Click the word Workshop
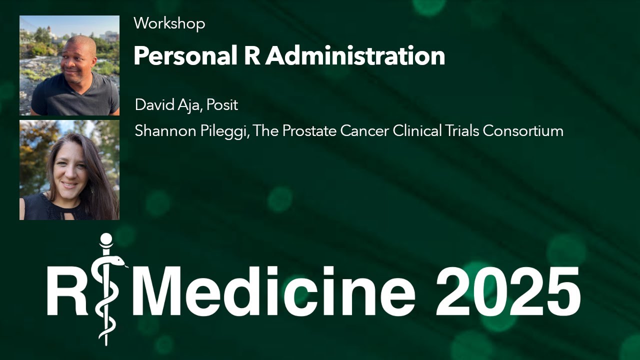[x=169, y=23]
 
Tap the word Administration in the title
[x=355, y=56]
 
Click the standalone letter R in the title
[x=251, y=56]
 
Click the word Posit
[x=222, y=105]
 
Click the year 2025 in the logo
[x=507, y=291]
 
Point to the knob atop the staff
[x=105, y=238]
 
